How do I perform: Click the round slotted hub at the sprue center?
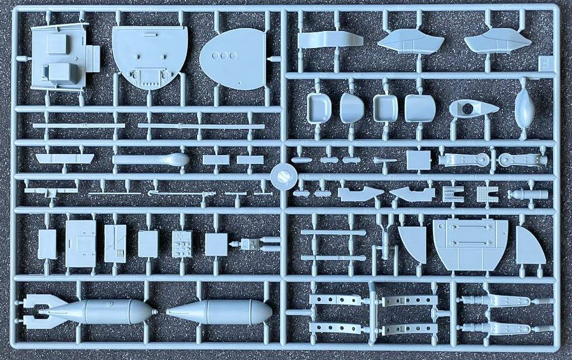[284, 174]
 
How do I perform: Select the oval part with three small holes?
[233, 59]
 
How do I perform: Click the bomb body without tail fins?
[219, 311]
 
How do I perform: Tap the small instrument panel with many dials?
[182, 244]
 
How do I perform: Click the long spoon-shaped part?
[151, 159]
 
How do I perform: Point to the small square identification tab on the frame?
[546, 64]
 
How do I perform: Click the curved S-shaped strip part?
[330, 40]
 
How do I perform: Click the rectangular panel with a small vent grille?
[115, 243]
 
